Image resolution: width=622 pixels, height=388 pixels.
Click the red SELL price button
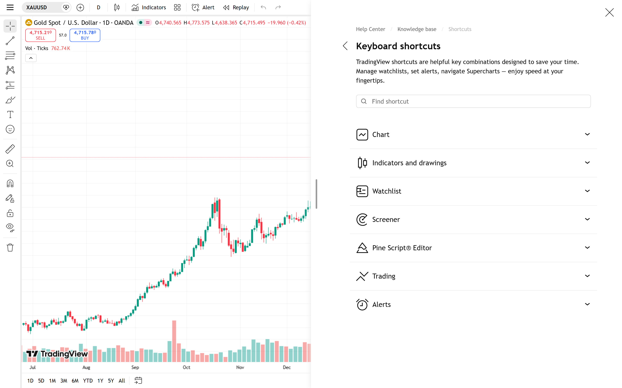click(x=40, y=35)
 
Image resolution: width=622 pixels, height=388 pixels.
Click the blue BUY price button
click(x=85, y=35)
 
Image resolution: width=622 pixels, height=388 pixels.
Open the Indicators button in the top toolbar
click(x=149, y=7)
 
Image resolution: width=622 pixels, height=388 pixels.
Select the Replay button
click(x=236, y=7)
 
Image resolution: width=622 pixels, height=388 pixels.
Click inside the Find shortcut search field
click(x=473, y=101)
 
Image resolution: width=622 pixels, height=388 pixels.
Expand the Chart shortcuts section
click(x=473, y=134)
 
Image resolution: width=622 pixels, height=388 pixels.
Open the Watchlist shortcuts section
click(x=473, y=191)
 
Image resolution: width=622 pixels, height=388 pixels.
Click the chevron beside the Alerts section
click(x=587, y=304)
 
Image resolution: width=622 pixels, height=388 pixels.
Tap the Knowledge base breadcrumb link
click(x=417, y=29)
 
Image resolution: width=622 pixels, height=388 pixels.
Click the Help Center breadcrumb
click(x=370, y=29)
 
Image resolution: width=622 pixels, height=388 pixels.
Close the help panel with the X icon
click(x=609, y=12)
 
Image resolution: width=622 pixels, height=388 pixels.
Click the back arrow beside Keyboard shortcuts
click(x=345, y=46)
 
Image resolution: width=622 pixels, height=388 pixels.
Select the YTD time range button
click(x=88, y=381)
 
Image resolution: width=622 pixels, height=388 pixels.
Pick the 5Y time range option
click(x=111, y=381)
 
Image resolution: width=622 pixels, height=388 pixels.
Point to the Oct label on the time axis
click(x=186, y=367)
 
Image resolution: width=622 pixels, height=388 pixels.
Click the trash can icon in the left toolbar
click(x=10, y=248)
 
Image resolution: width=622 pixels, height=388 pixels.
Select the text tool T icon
click(x=10, y=114)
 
